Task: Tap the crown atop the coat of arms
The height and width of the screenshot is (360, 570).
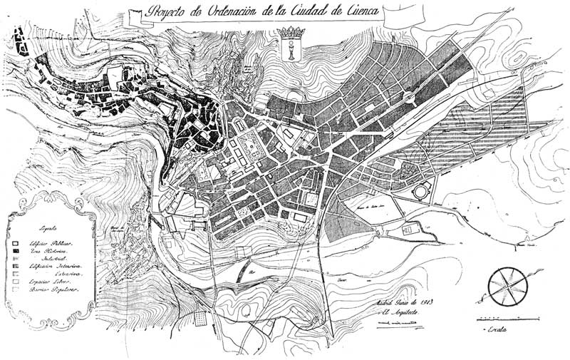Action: click(x=290, y=33)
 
